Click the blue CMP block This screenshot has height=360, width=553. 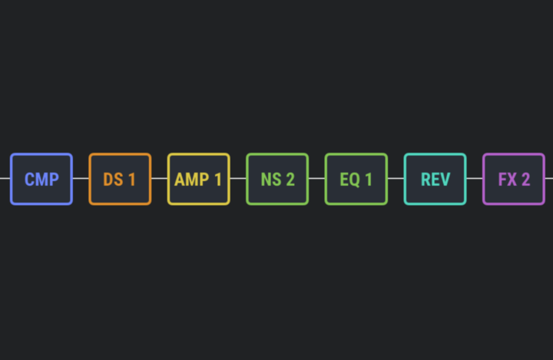point(41,179)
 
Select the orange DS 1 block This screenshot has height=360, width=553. point(120,179)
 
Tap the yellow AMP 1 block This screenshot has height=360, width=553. point(199,179)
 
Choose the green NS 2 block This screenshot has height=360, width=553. point(277,179)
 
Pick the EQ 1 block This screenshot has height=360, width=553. point(356,179)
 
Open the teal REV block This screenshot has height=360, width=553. point(435,179)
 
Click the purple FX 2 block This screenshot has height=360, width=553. point(514,179)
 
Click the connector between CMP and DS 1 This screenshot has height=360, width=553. point(81,178)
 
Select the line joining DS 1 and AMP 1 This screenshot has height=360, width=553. point(160,178)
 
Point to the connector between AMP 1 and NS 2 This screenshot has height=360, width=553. point(238,178)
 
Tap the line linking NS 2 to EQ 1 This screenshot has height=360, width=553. point(316,178)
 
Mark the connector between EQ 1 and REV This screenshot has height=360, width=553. point(396,178)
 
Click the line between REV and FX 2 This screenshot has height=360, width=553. point(475,178)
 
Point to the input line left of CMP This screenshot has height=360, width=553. point(5,178)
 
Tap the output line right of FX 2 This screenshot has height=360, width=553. point(549,178)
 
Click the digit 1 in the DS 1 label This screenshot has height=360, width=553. point(132,180)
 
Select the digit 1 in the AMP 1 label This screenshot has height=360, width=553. point(218,180)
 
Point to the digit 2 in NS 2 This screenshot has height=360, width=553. point(290,180)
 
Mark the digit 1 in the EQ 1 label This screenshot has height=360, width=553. point(369,180)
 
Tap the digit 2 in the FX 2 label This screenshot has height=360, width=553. point(525,180)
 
